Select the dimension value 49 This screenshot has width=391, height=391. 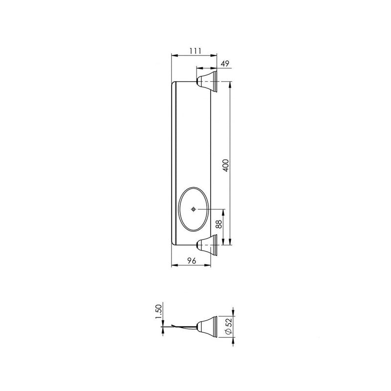point(225,63)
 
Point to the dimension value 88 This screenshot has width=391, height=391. point(218,224)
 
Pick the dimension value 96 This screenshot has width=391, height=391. point(192,261)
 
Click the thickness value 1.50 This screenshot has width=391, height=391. point(158,311)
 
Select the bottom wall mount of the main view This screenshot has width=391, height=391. point(207,244)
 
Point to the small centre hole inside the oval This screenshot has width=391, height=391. point(194,209)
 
